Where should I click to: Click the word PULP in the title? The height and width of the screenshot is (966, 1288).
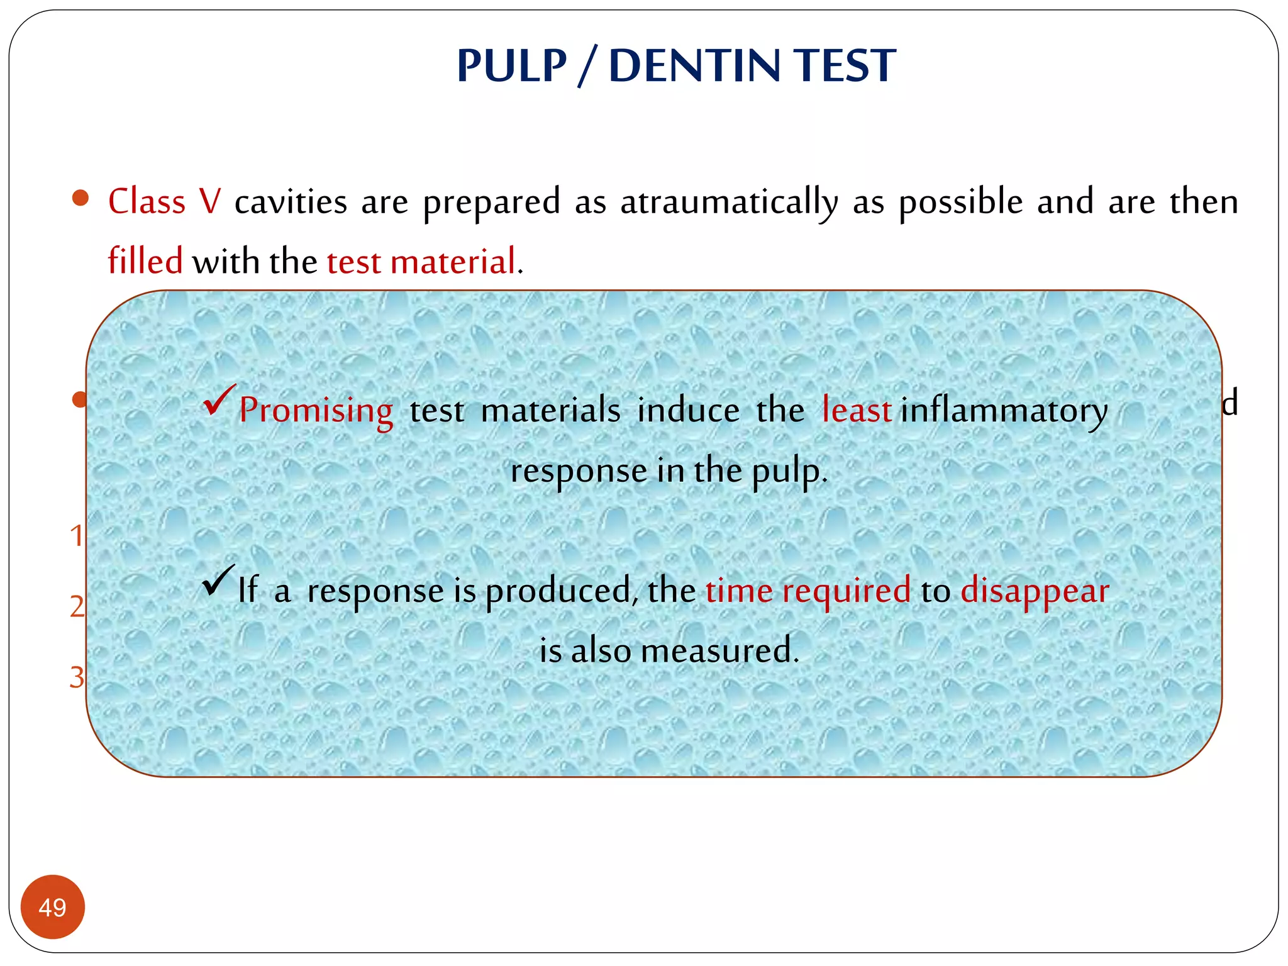click(x=511, y=66)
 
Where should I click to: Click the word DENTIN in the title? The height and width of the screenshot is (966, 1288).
click(x=694, y=66)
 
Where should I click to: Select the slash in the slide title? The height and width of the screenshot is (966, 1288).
click(x=587, y=66)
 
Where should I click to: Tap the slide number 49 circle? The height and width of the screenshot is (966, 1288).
click(x=53, y=907)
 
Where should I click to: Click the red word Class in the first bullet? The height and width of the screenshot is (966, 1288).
click(x=147, y=203)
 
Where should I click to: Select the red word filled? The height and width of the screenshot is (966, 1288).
click(x=145, y=261)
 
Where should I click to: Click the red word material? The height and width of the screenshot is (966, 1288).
click(x=453, y=262)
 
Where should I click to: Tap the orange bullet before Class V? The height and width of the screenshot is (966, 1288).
click(x=80, y=199)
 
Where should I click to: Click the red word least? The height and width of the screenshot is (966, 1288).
click(x=857, y=410)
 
